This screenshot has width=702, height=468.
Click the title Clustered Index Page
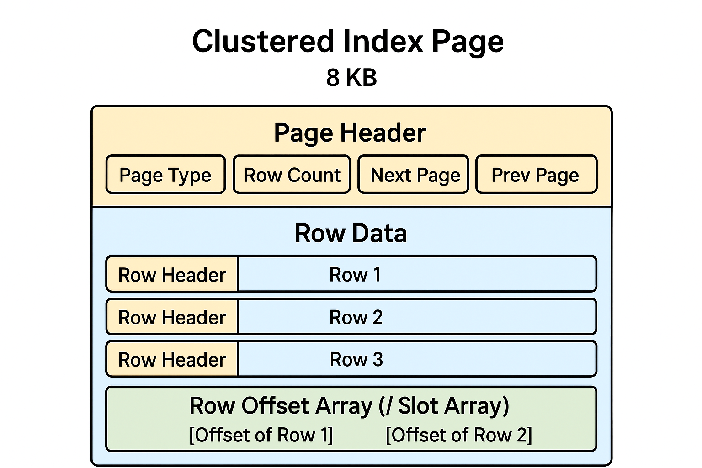[348, 42]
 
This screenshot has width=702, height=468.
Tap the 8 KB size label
[351, 77]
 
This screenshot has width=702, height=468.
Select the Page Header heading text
[350, 133]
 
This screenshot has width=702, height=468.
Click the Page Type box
[165, 175]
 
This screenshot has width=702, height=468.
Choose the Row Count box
[292, 175]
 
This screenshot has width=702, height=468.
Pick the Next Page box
[414, 175]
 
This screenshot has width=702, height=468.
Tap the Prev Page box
[536, 175]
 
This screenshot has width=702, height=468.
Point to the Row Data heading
[351, 233]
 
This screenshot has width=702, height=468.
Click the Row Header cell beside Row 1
[172, 275]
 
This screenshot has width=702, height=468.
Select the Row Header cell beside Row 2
[172, 317]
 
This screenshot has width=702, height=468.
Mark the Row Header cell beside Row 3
[172, 360]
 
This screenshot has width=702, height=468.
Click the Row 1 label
[355, 275]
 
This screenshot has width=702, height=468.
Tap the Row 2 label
[356, 317]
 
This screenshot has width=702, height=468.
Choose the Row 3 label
[356, 360]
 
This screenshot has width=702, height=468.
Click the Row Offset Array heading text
[349, 405]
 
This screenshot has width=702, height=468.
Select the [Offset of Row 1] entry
[261, 435]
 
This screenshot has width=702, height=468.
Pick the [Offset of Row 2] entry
[459, 435]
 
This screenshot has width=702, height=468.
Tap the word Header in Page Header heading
[383, 133]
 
